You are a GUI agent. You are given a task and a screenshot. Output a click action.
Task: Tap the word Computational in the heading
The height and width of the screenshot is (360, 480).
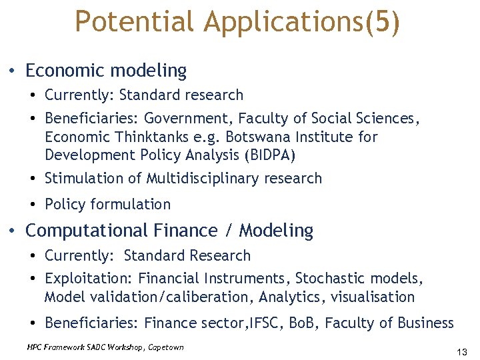tap(87, 231)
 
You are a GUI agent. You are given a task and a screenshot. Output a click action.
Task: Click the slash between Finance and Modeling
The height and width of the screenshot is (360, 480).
tap(228, 231)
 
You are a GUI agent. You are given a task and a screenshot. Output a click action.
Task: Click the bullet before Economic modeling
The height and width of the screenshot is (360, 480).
tap(13, 71)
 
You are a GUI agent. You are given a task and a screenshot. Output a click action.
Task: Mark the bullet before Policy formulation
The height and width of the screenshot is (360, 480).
tap(33, 205)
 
